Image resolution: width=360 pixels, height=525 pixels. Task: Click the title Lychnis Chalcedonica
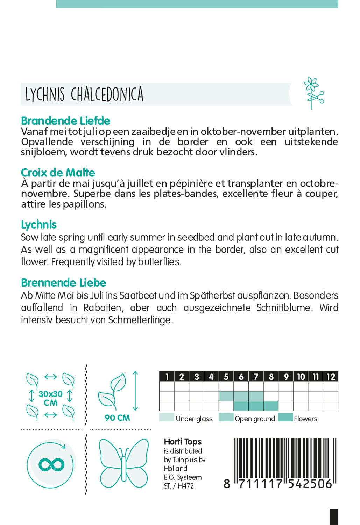(84, 94)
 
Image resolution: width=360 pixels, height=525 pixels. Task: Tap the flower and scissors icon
(313, 93)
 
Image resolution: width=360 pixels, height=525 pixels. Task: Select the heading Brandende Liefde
(65, 121)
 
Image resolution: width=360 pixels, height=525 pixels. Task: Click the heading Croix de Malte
(58, 173)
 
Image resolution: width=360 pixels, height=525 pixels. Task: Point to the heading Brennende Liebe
(63, 282)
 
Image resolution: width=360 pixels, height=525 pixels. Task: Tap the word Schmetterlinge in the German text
(140, 320)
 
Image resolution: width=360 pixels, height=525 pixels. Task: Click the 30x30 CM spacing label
(50, 398)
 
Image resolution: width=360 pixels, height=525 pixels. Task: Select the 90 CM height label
(117, 418)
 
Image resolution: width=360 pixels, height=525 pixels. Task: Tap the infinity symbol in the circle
(51, 465)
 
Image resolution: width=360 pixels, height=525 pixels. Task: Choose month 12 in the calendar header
(331, 377)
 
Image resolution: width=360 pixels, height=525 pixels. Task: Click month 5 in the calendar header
(226, 377)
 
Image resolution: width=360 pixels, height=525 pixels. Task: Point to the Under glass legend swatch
(167, 418)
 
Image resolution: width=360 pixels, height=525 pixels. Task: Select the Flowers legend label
(305, 419)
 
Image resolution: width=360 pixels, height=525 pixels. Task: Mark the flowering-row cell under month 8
(271, 406)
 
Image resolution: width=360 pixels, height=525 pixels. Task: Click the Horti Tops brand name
(183, 442)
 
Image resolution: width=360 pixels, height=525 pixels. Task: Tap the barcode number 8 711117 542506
(278, 484)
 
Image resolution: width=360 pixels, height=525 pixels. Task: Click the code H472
(186, 486)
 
